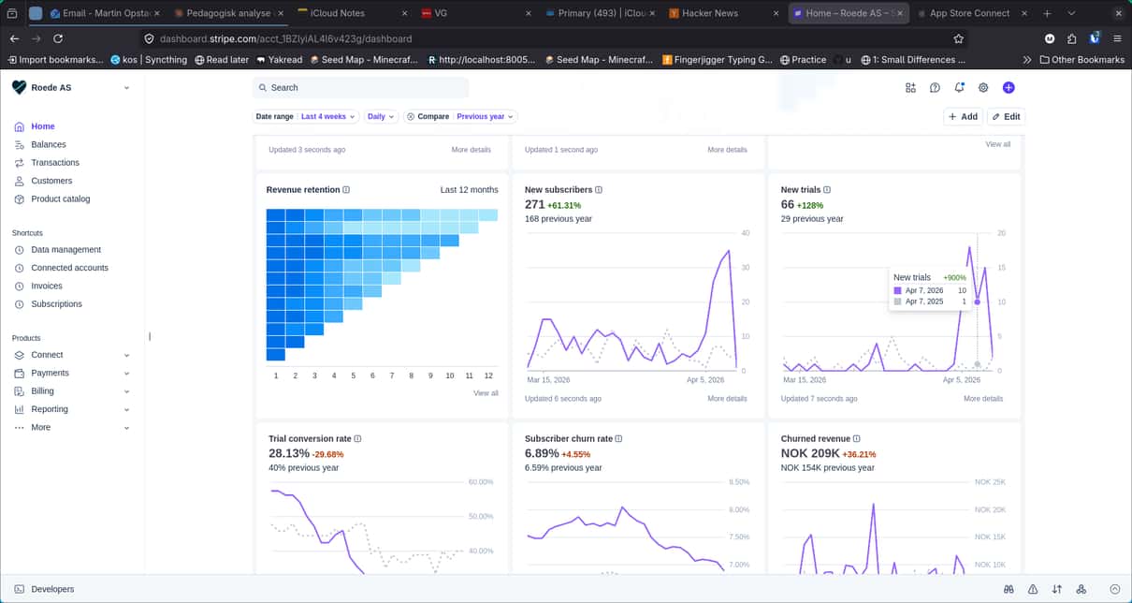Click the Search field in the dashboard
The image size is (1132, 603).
coord(360,87)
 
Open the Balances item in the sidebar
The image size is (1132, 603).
coord(48,145)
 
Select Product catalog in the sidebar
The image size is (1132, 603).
coord(60,199)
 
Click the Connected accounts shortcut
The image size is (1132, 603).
coord(69,268)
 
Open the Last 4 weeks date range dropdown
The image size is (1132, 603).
coord(328,116)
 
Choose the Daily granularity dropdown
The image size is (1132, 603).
coord(381,116)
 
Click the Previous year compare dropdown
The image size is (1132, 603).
coord(485,116)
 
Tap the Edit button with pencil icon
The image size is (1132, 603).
coord(1006,116)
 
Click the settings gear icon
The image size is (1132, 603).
coord(983,87)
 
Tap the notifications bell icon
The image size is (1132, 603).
coord(959,87)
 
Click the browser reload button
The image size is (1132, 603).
coord(58,38)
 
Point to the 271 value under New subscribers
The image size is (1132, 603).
coord(534,204)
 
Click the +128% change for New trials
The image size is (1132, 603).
coord(810,205)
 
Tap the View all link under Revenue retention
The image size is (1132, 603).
coord(486,393)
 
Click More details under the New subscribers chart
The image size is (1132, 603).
coord(727,399)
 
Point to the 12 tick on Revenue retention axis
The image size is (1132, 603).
coord(488,375)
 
